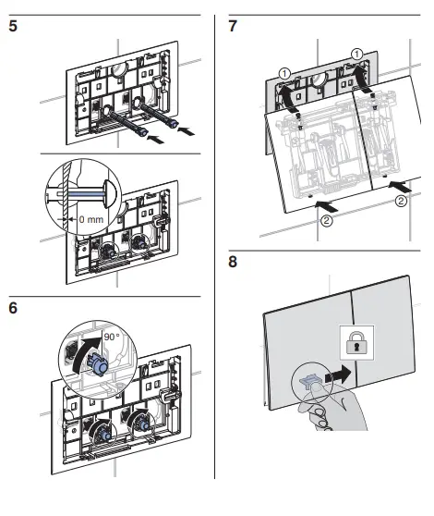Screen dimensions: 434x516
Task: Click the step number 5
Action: (x=13, y=26)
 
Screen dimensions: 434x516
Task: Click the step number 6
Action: (x=13, y=308)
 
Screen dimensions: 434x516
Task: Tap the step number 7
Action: (x=233, y=26)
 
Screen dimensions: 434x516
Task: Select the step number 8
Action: (x=233, y=262)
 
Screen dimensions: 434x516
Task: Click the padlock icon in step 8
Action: (x=356, y=342)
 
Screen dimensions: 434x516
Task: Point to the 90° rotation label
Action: (x=112, y=337)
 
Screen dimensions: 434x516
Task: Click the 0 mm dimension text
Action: (x=91, y=219)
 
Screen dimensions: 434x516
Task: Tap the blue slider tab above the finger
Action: (x=308, y=380)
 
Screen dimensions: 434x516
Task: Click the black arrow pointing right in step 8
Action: (x=338, y=375)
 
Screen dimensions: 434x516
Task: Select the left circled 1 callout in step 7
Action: (x=284, y=73)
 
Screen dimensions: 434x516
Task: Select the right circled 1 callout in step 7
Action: (x=356, y=54)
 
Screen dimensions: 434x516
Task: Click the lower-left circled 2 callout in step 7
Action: (x=326, y=220)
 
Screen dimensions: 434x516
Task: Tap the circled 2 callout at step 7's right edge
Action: (x=401, y=201)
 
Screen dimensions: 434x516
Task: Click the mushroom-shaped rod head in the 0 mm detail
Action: (x=111, y=193)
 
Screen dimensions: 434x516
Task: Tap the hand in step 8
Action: (x=332, y=408)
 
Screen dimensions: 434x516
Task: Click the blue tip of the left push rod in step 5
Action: (x=143, y=132)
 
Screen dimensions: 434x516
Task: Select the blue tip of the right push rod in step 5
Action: (x=173, y=124)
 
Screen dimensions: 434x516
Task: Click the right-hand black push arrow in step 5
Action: (x=187, y=130)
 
